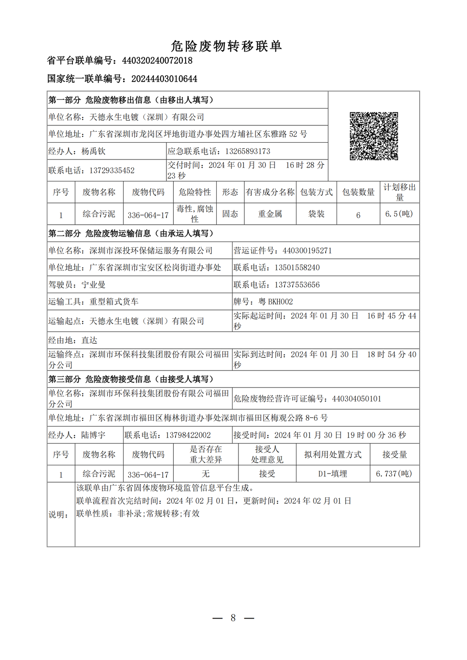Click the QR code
[x=374, y=136]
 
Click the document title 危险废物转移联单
[x=226, y=46]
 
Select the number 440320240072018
[x=157, y=61]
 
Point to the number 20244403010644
[x=164, y=79]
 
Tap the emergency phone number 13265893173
[x=241, y=151]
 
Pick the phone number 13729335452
[x=112, y=170]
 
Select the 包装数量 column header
[x=358, y=192]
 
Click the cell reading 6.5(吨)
[x=399, y=214]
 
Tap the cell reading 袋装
[x=316, y=214]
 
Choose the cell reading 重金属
[x=270, y=214]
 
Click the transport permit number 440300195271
[x=307, y=251]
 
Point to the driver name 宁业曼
[x=93, y=285]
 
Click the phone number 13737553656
[x=297, y=285]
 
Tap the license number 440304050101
[x=356, y=399]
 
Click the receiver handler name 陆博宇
[x=93, y=435]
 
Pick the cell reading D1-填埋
[x=332, y=474]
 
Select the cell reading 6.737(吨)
[x=394, y=474]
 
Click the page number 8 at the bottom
[x=233, y=618]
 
